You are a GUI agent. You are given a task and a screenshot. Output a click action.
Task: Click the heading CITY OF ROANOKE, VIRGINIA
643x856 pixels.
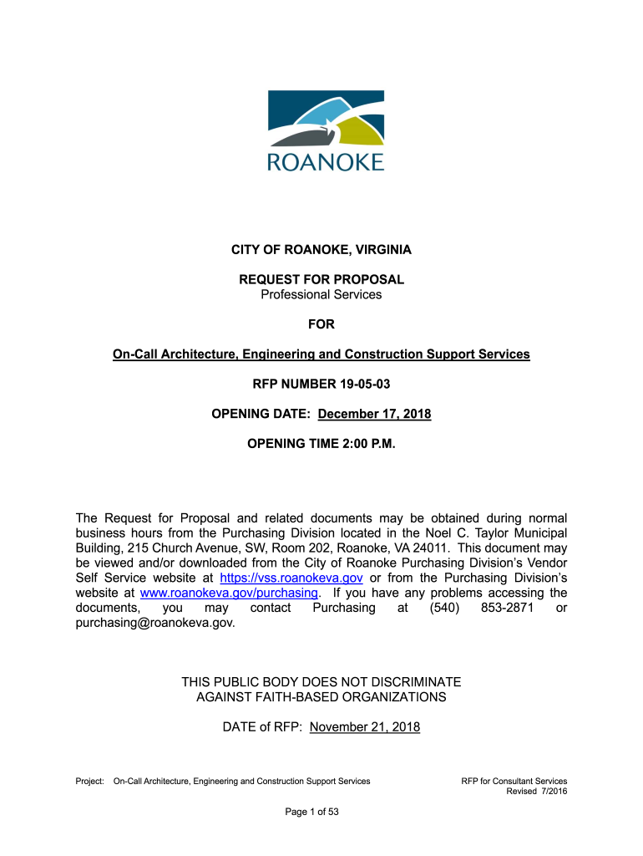point(321,250)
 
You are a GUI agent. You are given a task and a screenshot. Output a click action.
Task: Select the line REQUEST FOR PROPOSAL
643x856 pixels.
point(321,279)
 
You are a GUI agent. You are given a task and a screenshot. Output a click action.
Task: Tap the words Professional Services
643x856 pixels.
point(321,294)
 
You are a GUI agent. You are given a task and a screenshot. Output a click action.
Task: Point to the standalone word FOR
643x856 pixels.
point(321,324)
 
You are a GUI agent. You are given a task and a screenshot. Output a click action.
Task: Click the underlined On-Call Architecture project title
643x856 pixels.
point(321,354)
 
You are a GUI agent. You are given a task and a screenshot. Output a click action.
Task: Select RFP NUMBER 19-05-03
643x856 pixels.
point(321,385)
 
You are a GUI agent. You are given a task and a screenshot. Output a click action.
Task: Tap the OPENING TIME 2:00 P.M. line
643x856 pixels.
point(321,444)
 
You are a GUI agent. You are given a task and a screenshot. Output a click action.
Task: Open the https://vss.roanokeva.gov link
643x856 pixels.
point(291,578)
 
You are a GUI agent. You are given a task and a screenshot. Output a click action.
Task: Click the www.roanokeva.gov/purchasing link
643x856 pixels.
point(229,593)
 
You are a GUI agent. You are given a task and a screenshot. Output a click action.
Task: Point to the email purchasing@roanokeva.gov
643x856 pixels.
point(155,623)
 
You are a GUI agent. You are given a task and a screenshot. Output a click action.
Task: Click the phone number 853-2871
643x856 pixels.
point(508,608)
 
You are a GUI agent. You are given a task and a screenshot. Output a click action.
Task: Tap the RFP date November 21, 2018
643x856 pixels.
point(365,727)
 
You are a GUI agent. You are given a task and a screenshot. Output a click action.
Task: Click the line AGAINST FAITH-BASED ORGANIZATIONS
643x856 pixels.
point(321,697)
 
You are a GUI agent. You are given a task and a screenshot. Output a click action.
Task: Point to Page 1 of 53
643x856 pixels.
point(321,812)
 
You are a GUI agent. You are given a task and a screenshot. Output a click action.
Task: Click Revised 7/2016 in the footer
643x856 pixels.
point(537,792)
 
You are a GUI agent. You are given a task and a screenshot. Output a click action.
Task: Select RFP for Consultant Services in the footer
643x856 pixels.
point(514,782)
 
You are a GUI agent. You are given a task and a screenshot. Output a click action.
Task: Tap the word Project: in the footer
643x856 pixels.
point(90,782)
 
